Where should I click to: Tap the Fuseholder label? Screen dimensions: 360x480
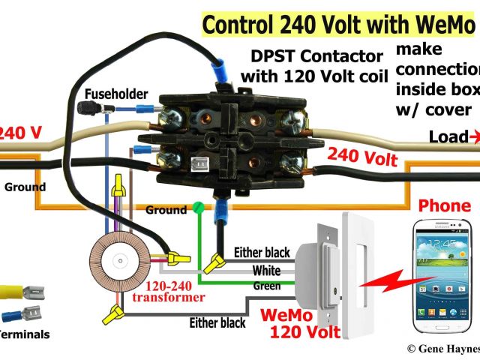[x=115, y=94]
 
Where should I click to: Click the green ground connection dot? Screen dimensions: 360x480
[x=198, y=206]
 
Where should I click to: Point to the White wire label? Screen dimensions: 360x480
[x=266, y=269]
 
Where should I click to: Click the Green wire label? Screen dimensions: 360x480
[x=267, y=286]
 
